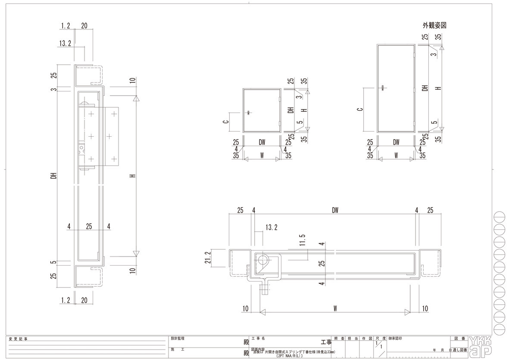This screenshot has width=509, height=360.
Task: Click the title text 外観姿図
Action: pos(434,26)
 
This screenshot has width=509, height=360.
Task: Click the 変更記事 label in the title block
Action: pos(18,339)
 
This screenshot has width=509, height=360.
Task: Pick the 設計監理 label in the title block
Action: pos(178,339)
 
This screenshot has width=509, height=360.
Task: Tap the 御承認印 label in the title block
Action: pos(396,339)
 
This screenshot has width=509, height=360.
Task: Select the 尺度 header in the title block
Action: pos(381,339)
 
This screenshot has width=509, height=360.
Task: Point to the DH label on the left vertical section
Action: pos(54,176)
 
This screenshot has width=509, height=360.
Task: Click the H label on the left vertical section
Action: pos(133,176)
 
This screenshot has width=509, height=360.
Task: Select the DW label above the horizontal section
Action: pos(335,210)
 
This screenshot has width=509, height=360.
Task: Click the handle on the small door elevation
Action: pos(249,113)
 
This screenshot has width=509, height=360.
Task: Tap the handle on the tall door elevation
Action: pos(383,88)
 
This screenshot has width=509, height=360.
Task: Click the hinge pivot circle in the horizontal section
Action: pos(262,260)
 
